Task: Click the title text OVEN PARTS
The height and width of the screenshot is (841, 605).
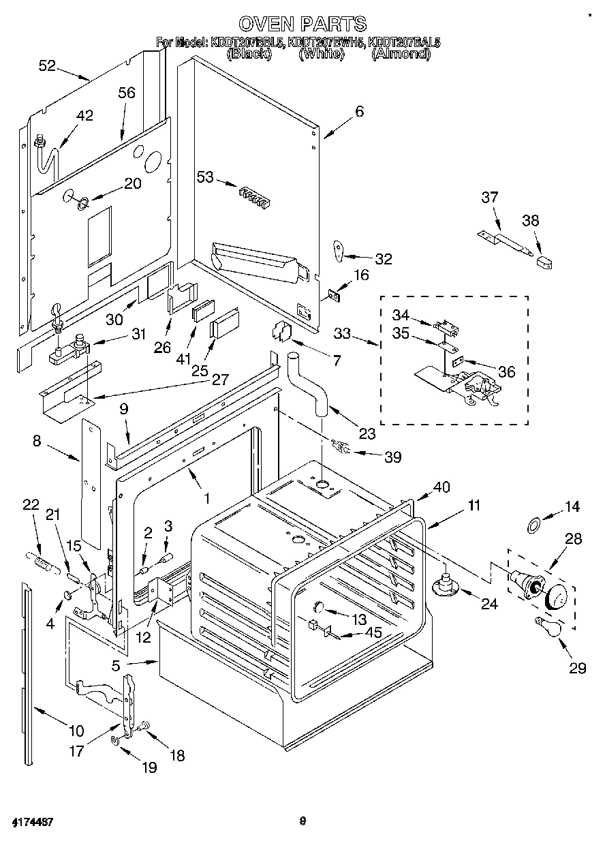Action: (x=303, y=25)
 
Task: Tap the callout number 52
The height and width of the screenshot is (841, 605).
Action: (x=47, y=65)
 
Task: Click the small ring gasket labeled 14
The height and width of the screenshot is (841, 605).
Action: (x=535, y=525)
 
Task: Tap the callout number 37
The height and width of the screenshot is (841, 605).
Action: (x=489, y=197)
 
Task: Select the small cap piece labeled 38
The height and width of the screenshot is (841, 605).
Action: (x=545, y=261)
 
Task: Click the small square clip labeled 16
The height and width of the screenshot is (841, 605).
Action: (x=335, y=294)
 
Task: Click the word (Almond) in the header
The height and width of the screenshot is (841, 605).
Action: (x=400, y=53)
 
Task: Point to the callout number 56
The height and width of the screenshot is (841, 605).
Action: (x=127, y=93)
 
